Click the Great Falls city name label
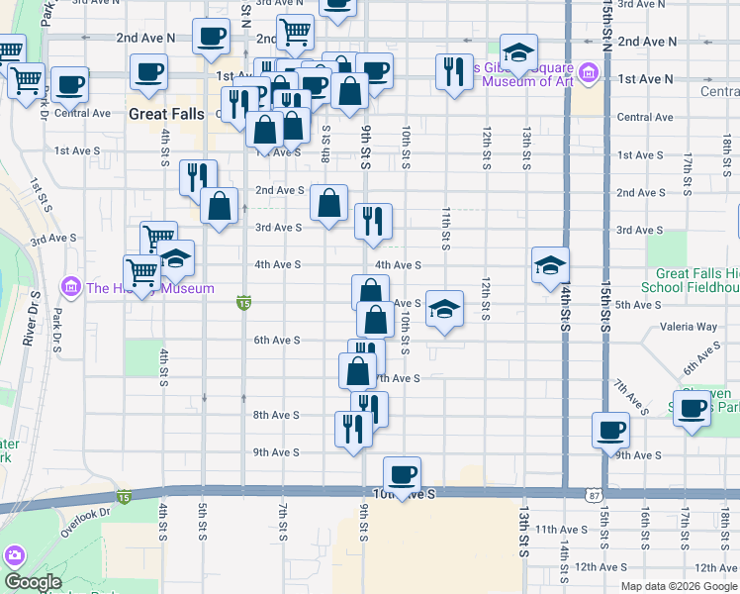coord(165,114)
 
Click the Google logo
coord(33,582)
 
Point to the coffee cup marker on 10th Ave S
coord(402,474)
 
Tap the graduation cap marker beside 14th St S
coord(550,264)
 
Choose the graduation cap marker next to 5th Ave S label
coord(444,309)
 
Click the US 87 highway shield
coord(592,493)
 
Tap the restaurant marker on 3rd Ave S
coord(373,222)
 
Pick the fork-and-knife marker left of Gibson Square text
coord(453,70)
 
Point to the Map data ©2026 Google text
coord(678,586)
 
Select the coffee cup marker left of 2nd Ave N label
coord(211,37)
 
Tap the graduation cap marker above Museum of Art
coord(518,52)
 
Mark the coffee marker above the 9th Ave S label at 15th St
coord(610,430)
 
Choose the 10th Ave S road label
coord(404,493)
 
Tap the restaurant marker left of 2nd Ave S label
coord(198,176)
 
